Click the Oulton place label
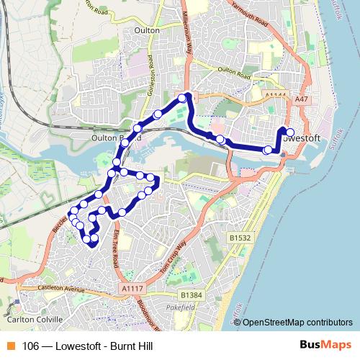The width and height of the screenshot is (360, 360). click(x=147, y=31)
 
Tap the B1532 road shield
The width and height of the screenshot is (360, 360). click(x=240, y=237)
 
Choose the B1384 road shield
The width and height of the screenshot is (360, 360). click(x=192, y=295)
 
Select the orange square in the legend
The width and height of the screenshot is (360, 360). click(x=11, y=346)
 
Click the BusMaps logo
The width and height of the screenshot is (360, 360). click(x=322, y=346)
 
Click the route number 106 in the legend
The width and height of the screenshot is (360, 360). click(x=31, y=346)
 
